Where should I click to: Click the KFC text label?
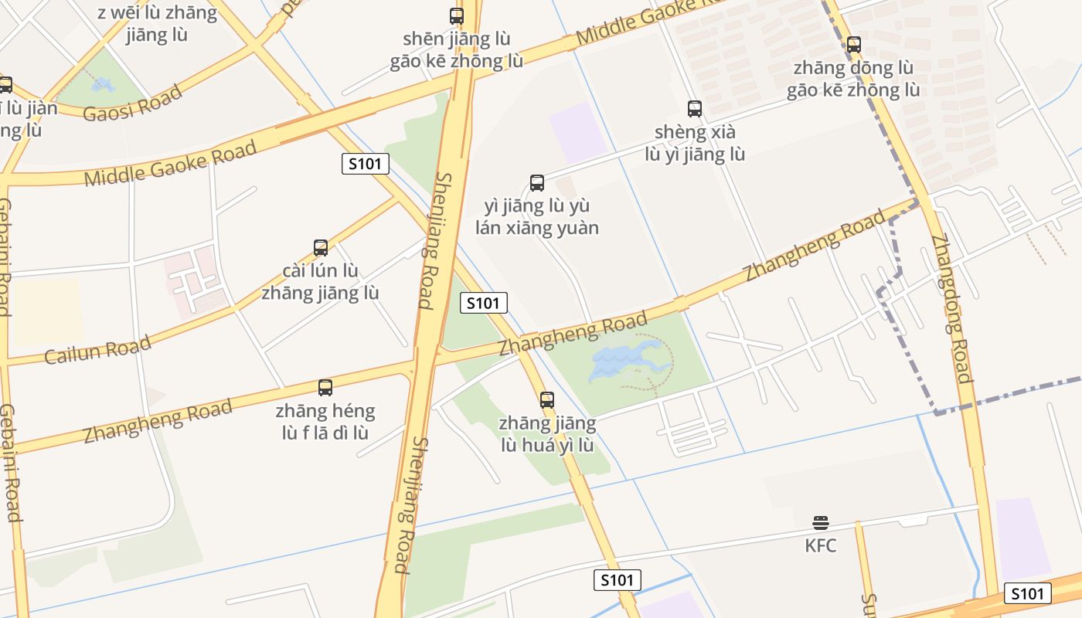click(x=820, y=545)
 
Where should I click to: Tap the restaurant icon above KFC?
click(x=821, y=523)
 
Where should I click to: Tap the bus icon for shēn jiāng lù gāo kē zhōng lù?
click(x=457, y=15)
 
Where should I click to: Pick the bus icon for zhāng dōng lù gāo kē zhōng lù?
click(x=853, y=45)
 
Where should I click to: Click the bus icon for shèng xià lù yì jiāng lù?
click(x=695, y=109)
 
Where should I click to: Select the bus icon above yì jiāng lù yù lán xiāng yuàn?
click(x=537, y=183)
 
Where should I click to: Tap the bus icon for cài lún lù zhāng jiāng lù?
click(x=321, y=248)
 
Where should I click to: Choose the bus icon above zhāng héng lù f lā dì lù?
click(x=325, y=388)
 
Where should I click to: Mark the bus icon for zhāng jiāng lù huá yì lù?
click(x=547, y=400)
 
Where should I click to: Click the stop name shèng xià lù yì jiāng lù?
click(x=695, y=143)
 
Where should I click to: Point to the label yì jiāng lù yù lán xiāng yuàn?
click(x=537, y=217)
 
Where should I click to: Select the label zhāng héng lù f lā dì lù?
click(x=325, y=421)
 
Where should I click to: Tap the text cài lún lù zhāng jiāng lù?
click(x=321, y=282)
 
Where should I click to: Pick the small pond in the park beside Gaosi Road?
click(x=103, y=84)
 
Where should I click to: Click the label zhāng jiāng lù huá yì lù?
click(x=547, y=434)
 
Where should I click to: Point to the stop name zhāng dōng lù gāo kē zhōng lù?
click(x=853, y=79)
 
